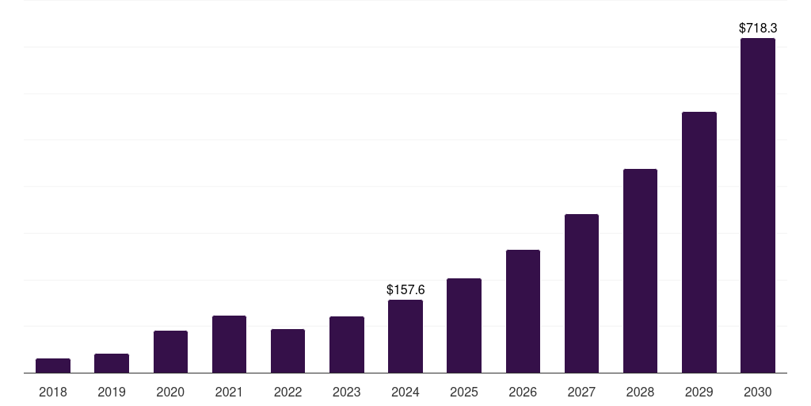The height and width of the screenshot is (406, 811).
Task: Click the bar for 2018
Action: pos(53,366)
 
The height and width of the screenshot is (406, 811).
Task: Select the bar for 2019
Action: pos(112,363)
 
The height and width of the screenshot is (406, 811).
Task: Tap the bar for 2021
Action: pos(229,344)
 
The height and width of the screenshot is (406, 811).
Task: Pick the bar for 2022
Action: pos(287,350)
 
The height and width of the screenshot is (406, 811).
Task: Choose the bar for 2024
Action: pos(405,336)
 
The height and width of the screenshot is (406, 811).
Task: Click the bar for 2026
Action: pos(523,311)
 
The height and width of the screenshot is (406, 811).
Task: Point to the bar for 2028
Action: pos(640,270)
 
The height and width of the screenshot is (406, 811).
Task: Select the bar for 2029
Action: pos(699,242)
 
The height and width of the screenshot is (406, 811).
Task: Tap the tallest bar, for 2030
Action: pos(758,205)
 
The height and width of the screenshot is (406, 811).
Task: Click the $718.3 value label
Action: pos(758,28)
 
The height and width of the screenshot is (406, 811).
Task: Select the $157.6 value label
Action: pos(405,290)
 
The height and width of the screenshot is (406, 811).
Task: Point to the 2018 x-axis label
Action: pos(53,392)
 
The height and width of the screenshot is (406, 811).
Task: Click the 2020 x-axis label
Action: pos(170,392)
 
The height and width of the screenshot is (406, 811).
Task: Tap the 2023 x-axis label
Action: pos(347,392)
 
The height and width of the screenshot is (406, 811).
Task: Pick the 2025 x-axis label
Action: pos(464,392)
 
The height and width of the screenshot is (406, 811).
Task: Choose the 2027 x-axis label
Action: pos(581,392)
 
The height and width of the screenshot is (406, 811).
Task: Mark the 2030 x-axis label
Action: pos(758,392)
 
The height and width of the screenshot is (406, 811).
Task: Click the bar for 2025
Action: pos(464,325)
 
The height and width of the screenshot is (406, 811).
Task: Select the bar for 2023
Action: pos(347,344)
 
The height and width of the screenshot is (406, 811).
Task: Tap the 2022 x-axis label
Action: pos(287,392)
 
